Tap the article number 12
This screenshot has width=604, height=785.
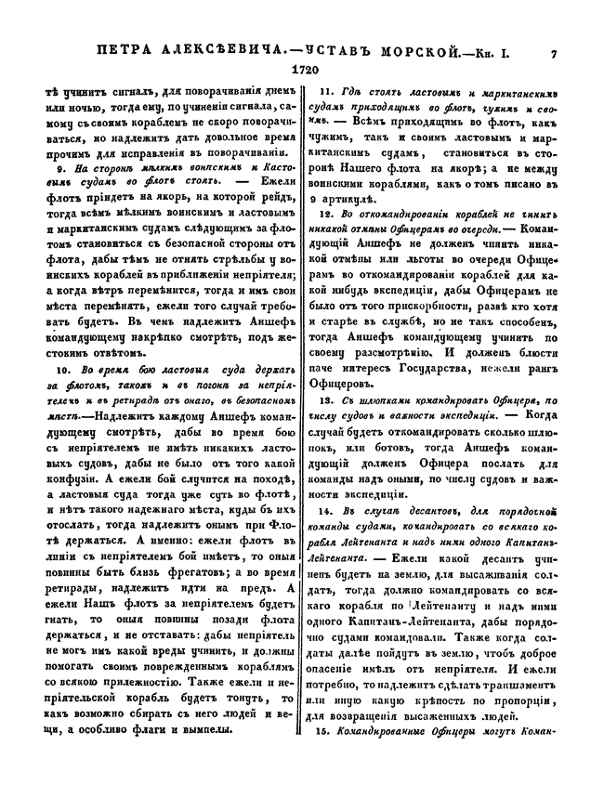pos(325,213)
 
